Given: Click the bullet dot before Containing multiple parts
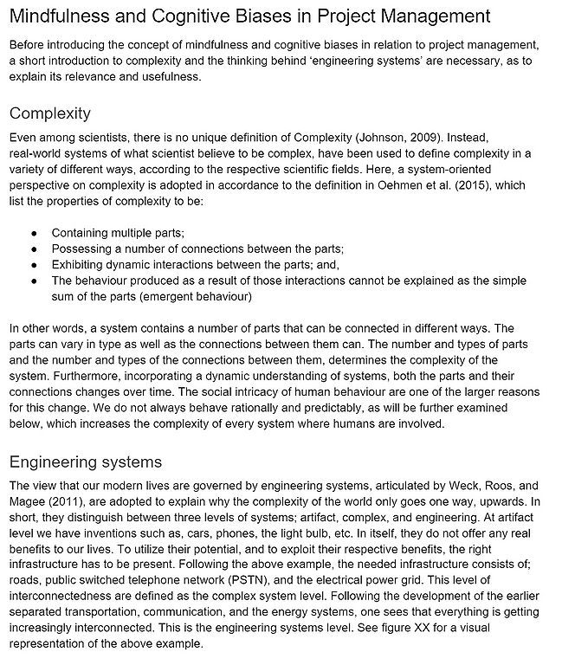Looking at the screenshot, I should point(33,234).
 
